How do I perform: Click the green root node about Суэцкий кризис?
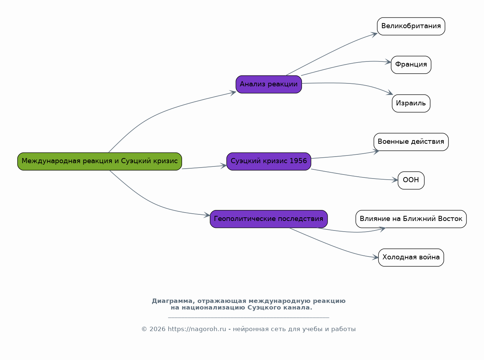click(99, 161)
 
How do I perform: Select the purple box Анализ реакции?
click(269, 84)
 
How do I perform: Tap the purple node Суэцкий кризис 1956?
click(269, 161)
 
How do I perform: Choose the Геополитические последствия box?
click(269, 219)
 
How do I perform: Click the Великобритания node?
click(411, 26)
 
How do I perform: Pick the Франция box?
click(411, 65)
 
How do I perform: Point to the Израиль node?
click(411, 103)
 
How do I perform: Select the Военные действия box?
click(411, 142)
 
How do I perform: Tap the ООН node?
click(411, 180)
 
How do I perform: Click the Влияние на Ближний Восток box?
click(411, 219)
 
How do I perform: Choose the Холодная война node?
click(411, 258)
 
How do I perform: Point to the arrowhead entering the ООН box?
click(395, 180)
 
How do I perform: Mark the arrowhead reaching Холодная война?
click(375, 257)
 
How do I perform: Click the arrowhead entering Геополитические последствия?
click(207, 215)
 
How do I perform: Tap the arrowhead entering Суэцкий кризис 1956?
click(223, 166)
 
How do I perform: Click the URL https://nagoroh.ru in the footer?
click(197, 329)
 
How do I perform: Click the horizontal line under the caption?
click(249, 318)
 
